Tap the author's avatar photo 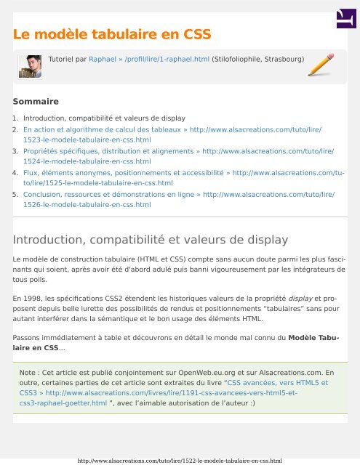point(30,67)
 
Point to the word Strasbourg point(278,57)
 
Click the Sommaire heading point(36,102)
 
